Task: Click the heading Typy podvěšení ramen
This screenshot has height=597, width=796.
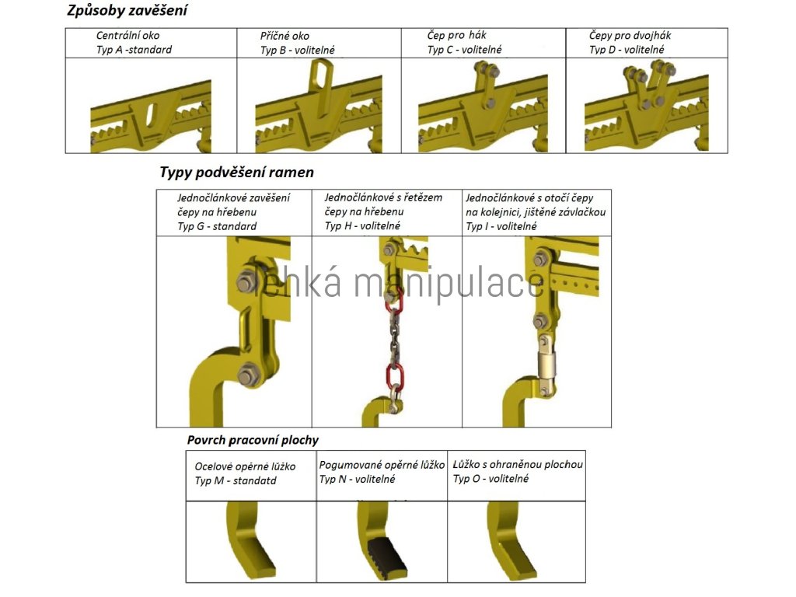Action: point(236,172)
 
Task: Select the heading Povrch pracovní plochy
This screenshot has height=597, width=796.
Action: point(252,440)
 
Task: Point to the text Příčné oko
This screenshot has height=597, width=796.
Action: point(285,36)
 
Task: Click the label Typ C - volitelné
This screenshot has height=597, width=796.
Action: point(464,50)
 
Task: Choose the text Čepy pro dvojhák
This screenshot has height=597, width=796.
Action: point(630,36)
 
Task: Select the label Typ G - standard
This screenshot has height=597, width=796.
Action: point(217,227)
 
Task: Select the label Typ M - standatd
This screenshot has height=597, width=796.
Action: point(235,481)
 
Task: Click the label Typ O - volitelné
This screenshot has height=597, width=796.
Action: point(491,479)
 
